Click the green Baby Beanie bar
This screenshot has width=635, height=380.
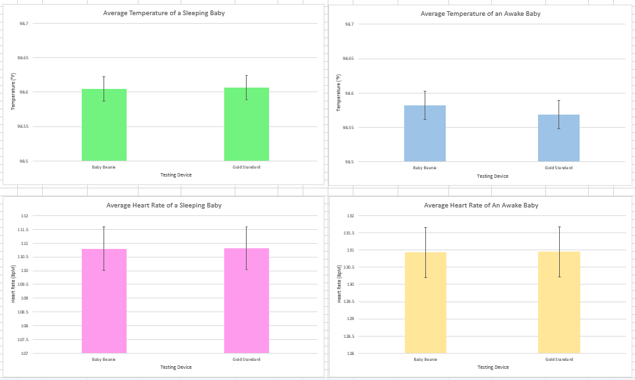click(104, 125)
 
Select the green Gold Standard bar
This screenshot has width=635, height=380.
click(246, 124)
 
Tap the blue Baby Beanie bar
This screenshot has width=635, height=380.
click(425, 134)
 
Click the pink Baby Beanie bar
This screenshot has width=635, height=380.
click(104, 301)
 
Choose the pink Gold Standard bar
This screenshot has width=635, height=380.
click(246, 301)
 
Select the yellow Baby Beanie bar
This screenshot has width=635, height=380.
click(425, 303)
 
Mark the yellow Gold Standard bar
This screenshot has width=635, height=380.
click(559, 302)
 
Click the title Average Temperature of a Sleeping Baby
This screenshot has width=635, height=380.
click(164, 13)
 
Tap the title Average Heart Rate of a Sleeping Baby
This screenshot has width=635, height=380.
click(164, 205)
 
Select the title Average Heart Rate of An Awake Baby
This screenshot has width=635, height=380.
click(481, 205)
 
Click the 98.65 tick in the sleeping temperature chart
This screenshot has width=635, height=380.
click(22, 58)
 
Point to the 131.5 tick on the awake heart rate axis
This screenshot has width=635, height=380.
click(349, 233)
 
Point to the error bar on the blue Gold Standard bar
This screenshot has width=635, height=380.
click(559, 115)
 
